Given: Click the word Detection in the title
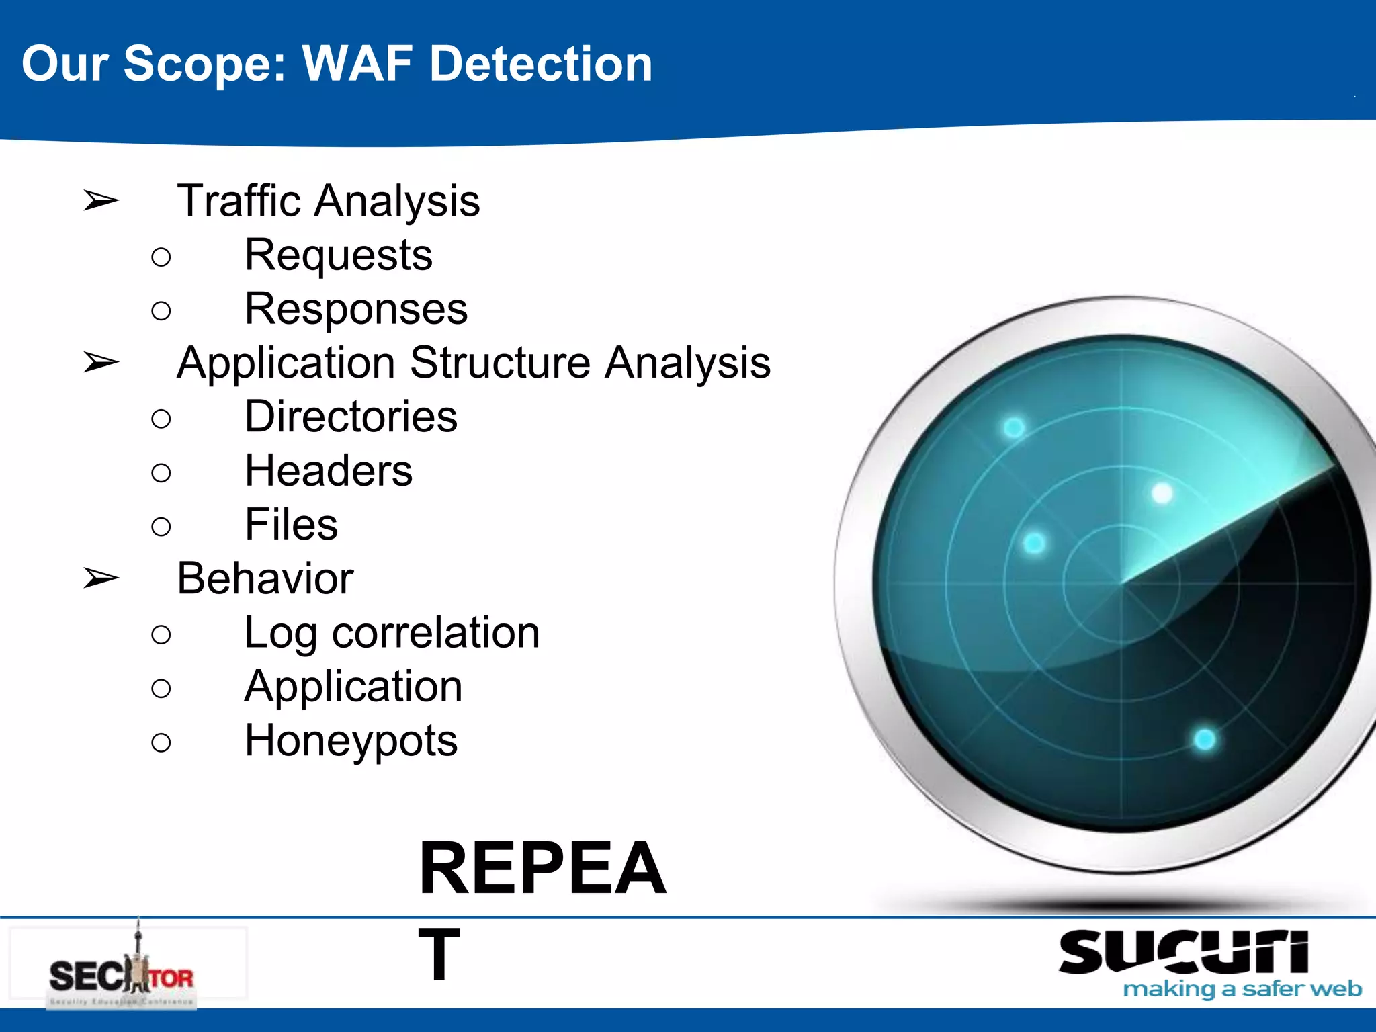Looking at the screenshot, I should tap(541, 64).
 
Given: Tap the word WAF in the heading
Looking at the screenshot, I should tap(357, 64).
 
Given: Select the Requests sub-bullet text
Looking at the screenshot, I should tap(339, 255).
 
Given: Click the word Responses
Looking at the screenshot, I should tap(356, 309).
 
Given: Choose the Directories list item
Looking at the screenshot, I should tap(351, 417).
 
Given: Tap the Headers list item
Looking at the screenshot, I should tap(329, 470).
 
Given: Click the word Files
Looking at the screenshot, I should tap(291, 525).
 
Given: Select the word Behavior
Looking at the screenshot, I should tap(265, 578).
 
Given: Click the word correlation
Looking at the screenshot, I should tap(435, 633).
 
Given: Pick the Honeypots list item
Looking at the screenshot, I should tap(351, 740).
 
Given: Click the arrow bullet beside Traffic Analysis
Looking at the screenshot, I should tap(101, 200).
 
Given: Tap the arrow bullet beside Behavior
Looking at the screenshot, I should tap(101, 578).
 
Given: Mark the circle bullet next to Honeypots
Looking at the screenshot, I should tap(161, 742).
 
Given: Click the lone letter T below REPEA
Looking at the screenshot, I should tap(439, 954).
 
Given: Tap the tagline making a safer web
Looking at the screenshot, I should tap(1242, 989).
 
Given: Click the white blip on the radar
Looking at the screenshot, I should tap(1162, 494).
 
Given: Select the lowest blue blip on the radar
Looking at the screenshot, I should tap(1205, 740).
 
